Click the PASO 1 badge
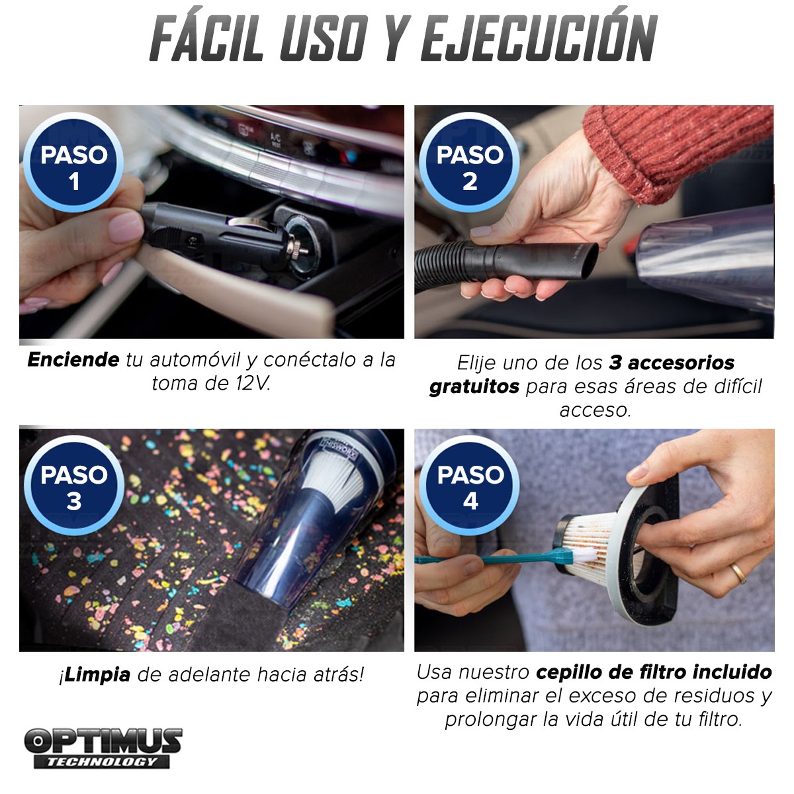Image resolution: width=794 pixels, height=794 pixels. pyautogui.click(x=73, y=162)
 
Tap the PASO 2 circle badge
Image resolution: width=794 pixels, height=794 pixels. pyautogui.click(x=469, y=162)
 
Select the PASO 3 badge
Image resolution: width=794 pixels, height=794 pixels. pyautogui.click(x=74, y=486)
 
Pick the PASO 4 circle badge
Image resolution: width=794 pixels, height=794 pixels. pyautogui.click(x=470, y=486)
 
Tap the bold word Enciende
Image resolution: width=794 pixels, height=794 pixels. pyautogui.click(x=73, y=360)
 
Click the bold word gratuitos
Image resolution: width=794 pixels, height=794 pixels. pyautogui.click(x=474, y=387)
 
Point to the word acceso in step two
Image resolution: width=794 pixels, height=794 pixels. pyautogui.click(x=595, y=410)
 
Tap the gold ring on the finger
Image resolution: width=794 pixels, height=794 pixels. pyautogui.click(x=738, y=574)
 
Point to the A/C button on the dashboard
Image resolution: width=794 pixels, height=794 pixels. pyautogui.click(x=275, y=140)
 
